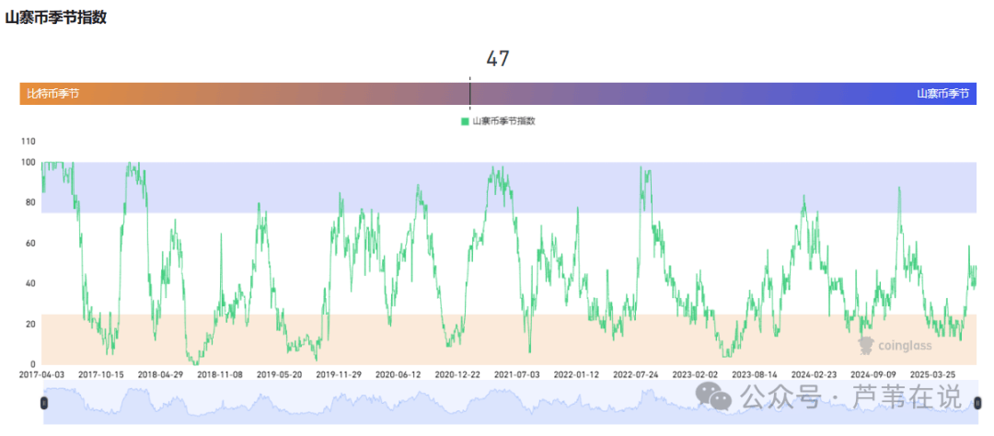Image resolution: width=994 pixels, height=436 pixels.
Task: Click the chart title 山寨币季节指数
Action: (55, 17)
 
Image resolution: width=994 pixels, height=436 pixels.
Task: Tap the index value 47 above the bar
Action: (498, 59)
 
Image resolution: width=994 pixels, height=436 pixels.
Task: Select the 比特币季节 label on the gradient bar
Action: (52, 94)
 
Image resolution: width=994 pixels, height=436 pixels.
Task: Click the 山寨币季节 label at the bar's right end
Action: (942, 94)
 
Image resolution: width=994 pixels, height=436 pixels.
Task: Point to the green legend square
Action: (465, 121)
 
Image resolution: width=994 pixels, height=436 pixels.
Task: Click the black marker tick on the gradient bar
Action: (469, 92)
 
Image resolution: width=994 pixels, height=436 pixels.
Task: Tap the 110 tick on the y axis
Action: (28, 142)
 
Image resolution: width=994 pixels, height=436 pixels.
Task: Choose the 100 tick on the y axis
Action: (28, 163)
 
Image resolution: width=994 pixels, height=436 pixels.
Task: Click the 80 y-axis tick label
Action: (29, 202)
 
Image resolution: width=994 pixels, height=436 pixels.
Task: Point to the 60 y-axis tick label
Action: (29, 243)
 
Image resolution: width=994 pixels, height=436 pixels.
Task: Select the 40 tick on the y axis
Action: (29, 283)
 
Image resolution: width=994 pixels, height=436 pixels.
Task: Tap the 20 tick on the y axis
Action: (29, 324)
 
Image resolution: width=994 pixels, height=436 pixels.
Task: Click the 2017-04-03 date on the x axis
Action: (42, 375)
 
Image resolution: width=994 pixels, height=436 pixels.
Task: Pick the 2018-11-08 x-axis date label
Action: (220, 375)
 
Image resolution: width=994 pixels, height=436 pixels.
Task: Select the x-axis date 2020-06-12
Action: (399, 375)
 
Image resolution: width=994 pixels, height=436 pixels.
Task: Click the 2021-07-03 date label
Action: (517, 375)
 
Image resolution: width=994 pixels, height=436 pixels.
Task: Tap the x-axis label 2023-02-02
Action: (695, 375)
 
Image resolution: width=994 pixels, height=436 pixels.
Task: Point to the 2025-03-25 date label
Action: (932, 375)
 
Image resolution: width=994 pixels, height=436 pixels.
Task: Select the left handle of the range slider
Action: (43, 403)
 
